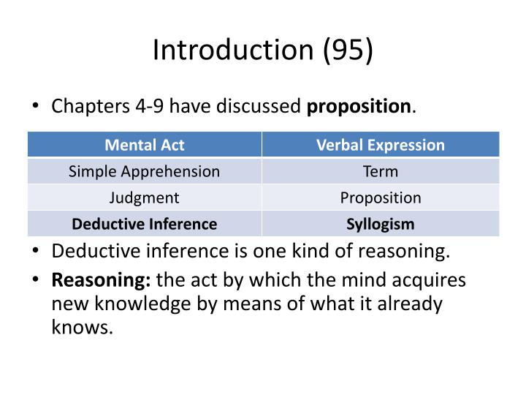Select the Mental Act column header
click(145, 145)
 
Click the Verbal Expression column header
click(380, 145)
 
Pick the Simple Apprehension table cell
click(145, 171)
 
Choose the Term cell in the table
click(380, 171)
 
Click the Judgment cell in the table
click(145, 197)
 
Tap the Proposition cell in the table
click(380, 197)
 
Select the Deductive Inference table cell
click(145, 224)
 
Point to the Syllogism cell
click(380, 224)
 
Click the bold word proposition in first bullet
click(359, 107)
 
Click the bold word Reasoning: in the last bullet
click(101, 280)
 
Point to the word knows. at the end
click(82, 327)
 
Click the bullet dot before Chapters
click(36, 107)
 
